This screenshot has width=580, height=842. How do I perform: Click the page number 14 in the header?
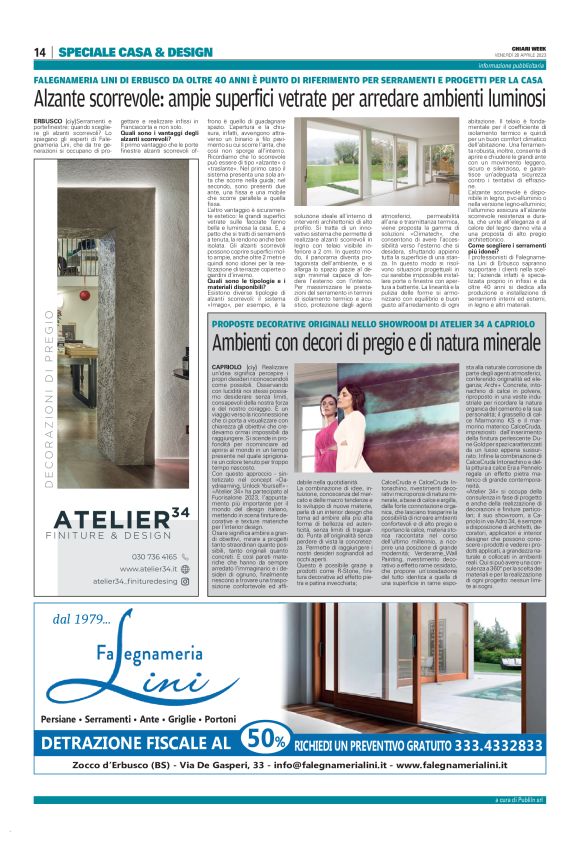[x=40, y=52]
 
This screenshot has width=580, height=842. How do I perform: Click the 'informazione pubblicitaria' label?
[x=513, y=65]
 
